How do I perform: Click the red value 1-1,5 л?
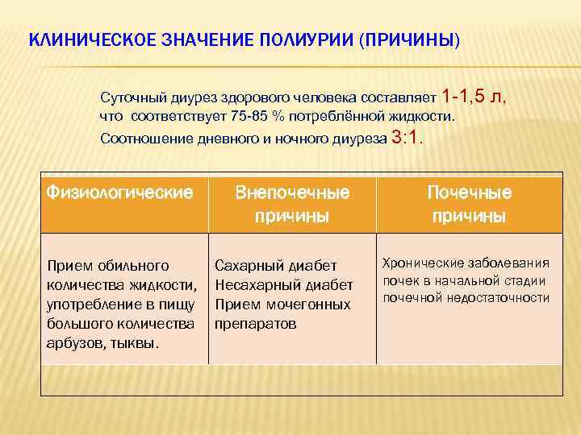pos(475,97)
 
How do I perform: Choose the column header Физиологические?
pos(120,193)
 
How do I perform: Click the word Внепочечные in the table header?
pos(292,193)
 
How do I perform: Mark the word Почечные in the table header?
pos(469,193)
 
